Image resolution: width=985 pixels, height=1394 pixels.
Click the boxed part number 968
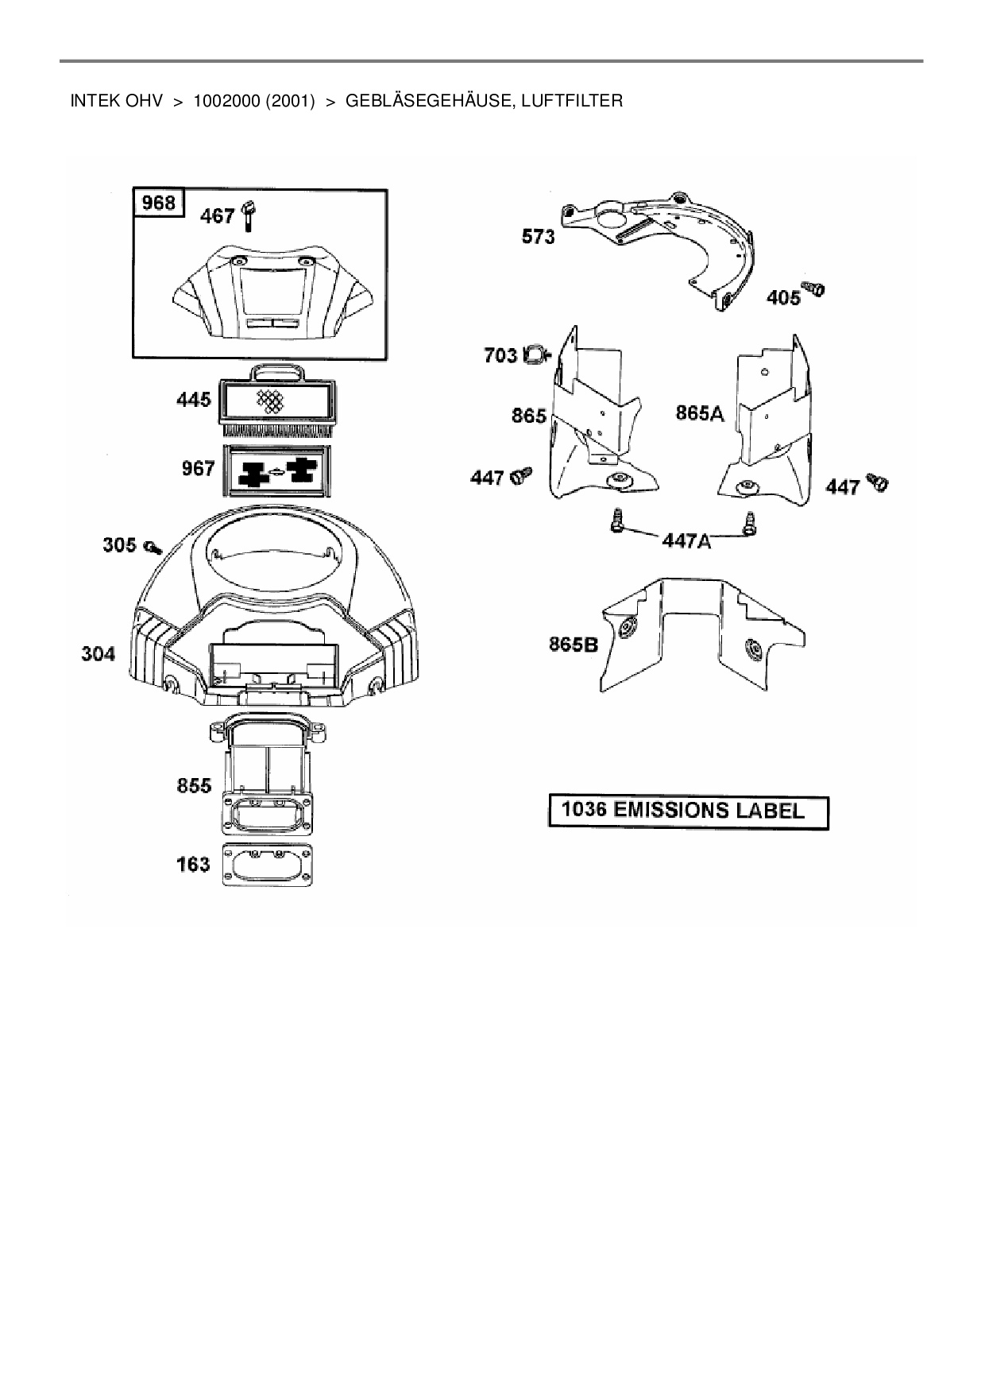[158, 203]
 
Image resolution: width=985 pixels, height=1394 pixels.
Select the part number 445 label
[194, 400]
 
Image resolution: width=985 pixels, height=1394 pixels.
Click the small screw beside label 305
[152, 546]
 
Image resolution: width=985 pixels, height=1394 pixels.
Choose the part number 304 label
[98, 653]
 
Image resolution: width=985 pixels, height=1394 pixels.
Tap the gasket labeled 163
[267, 865]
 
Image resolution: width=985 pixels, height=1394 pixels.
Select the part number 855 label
[194, 786]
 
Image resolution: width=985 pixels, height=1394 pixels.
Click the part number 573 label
[539, 236]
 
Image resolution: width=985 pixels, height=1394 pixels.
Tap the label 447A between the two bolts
[687, 540]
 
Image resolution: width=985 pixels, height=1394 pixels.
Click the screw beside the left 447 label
[521, 476]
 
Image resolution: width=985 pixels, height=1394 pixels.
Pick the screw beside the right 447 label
[879, 481]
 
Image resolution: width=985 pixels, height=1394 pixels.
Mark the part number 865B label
[574, 645]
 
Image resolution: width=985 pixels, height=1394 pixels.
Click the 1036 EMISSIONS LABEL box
[689, 812]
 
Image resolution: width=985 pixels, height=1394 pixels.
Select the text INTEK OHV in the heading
[117, 101]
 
